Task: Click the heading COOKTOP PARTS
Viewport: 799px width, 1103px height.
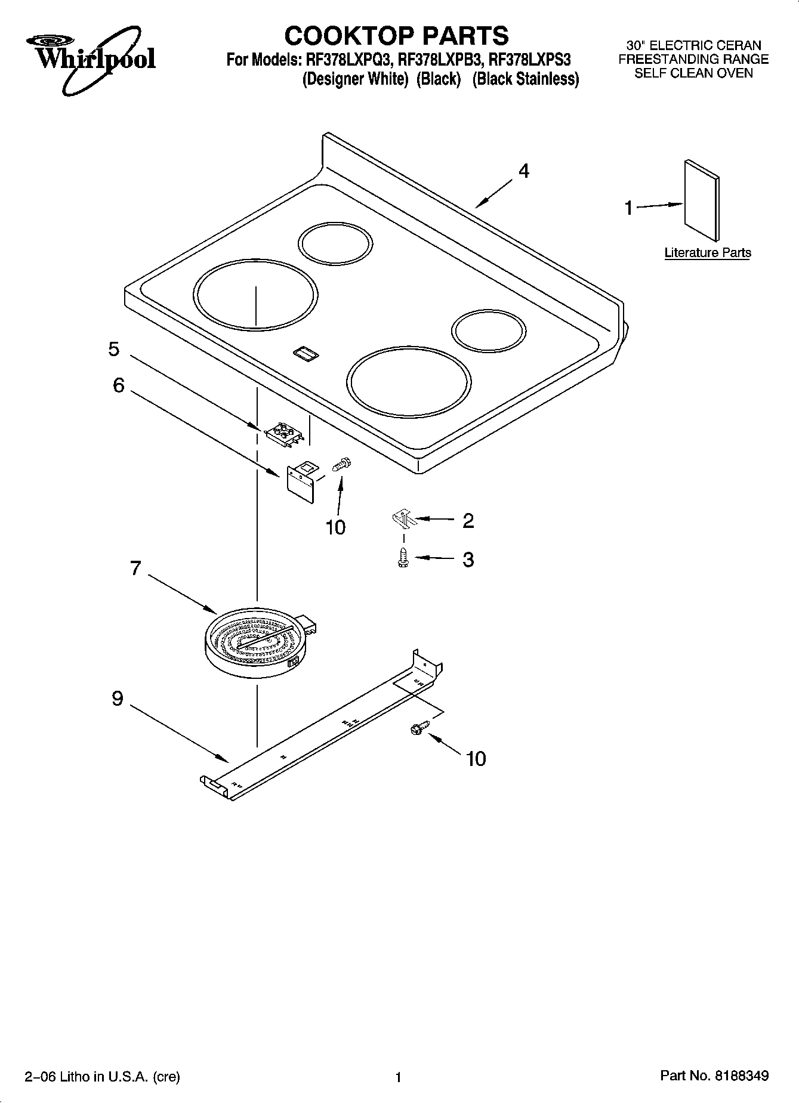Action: pos(396,36)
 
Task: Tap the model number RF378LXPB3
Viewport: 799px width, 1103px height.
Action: pos(440,60)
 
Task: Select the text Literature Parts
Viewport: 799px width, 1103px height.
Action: pos(708,252)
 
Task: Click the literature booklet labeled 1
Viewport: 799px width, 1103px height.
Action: pos(702,200)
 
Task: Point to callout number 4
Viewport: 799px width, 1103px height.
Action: pos(523,171)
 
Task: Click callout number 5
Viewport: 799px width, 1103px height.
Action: pos(114,349)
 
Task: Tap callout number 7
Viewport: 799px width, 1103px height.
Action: pos(135,568)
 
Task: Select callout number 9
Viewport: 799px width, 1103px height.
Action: pos(118,699)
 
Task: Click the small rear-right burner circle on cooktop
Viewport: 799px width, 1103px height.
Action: pos(489,331)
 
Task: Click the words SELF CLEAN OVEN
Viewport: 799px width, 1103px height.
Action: pos(693,73)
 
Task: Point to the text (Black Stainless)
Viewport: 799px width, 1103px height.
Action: pos(526,79)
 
